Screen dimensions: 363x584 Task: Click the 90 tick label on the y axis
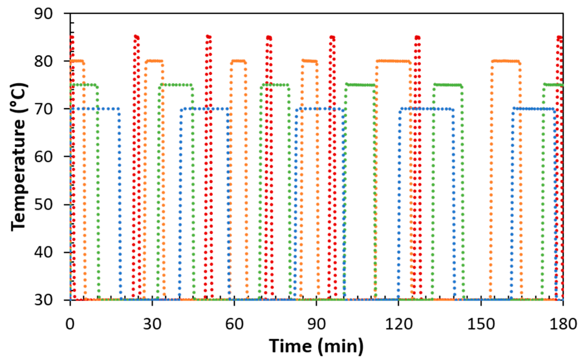tap(43, 13)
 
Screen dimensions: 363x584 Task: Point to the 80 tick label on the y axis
tap(43, 61)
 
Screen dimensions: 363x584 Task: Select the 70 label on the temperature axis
tap(43, 109)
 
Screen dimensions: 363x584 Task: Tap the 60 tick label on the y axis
tap(43, 157)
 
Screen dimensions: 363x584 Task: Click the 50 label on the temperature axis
tap(43, 205)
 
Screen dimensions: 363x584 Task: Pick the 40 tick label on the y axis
tap(43, 252)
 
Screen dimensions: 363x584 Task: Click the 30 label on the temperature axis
tap(43, 300)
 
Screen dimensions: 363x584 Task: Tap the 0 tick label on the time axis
tap(70, 324)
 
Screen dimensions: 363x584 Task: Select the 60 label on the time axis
tap(234, 324)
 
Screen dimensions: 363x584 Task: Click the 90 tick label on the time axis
tap(316, 324)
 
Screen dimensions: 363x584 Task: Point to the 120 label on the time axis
tap(399, 324)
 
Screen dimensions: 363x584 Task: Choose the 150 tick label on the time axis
tap(481, 324)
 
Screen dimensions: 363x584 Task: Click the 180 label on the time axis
tap(563, 324)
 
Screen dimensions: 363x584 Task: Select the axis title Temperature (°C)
tap(19, 157)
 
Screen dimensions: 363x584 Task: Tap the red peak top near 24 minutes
tap(137, 37)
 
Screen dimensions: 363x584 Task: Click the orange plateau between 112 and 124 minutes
tap(393, 61)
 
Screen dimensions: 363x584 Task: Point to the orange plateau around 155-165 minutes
tap(505, 61)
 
